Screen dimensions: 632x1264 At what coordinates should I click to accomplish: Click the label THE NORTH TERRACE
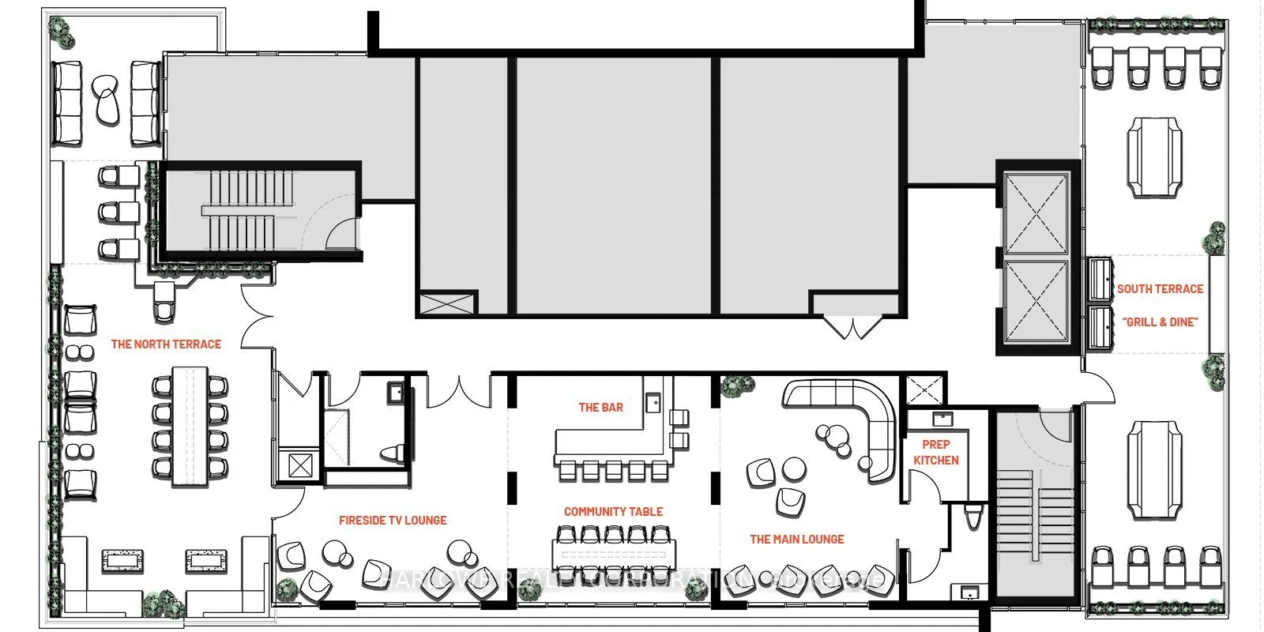click(166, 344)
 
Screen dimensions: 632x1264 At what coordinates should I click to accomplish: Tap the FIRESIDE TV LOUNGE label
click(393, 521)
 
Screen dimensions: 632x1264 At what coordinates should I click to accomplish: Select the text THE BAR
click(600, 408)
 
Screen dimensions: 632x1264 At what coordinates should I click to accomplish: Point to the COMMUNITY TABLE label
click(613, 512)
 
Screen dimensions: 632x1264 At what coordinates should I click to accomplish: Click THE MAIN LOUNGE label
click(796, 540)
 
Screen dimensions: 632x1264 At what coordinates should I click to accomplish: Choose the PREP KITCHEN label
click(936, 453)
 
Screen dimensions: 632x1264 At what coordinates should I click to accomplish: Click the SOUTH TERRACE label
click(1160, 289)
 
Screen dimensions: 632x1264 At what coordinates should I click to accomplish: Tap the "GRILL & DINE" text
click(1160, 322)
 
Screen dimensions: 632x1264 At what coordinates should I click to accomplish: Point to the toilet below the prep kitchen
click(972, 518)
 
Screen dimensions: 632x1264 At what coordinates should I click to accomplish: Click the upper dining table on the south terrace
click(1155, 156)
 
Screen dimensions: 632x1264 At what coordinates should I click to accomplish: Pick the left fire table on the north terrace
click(122, 561)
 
